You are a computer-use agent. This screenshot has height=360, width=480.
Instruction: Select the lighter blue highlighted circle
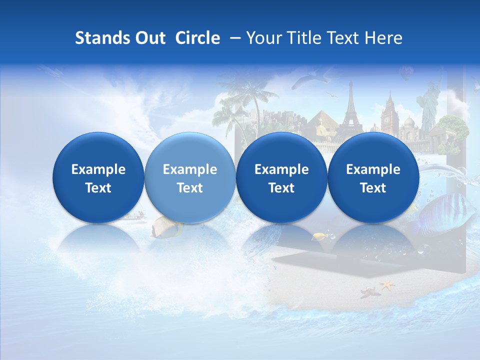tap(189, 178)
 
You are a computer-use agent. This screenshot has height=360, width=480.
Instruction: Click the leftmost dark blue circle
tap(98, 178)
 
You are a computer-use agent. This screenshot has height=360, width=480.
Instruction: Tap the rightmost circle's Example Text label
tap(373, 178)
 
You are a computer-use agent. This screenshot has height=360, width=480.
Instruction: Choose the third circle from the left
tap(281, 178)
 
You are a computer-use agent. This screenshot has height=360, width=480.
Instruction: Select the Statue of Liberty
tap(429, 107)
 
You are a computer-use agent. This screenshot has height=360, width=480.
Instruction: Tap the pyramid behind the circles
tap(320, 125)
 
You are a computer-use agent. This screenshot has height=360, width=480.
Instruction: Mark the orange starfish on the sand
tap(386, 285)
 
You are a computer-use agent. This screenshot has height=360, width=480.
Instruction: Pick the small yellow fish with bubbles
tap(320, 235)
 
